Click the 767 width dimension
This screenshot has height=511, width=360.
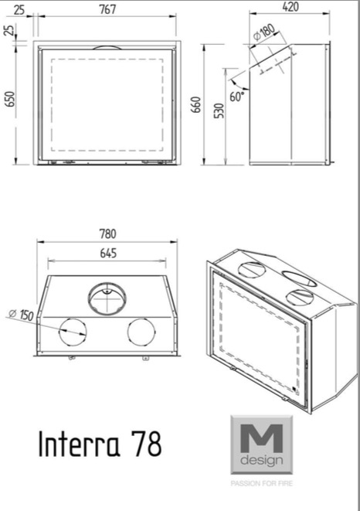click(107, 9)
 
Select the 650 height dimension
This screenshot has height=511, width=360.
click(10, 99)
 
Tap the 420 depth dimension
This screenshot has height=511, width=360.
click(290, 6)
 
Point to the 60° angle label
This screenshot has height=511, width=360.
click(237, 97)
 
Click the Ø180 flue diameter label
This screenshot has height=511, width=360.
click(264, 32)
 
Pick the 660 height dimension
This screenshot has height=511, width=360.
click(195, 105)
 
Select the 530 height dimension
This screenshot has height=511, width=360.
click(219, 111)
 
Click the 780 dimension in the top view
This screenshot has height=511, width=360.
click(107, 234)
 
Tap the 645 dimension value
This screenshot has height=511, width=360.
click(108, 254)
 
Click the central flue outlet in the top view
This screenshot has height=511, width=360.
click(107, 298)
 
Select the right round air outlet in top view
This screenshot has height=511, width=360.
click(141, 332)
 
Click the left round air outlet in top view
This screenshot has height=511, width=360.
click(73, 332)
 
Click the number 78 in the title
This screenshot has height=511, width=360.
click(148, 444)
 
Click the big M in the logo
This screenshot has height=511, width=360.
click(261, 438)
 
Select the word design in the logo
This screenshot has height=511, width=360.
click(261, 460)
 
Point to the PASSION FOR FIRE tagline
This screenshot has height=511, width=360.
click(262, 483)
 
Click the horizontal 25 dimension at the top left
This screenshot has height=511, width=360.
click(19, 10)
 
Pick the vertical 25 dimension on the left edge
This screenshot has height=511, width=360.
click(10, 30)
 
